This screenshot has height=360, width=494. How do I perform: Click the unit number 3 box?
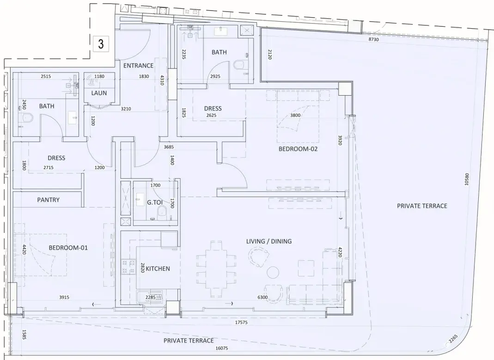(101, 44)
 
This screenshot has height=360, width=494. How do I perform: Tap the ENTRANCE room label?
(138, 66)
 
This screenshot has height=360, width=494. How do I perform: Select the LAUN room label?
(99, 93)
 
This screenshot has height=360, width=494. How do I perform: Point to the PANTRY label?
(48, 200)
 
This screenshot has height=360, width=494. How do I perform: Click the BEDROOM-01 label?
(68, 248)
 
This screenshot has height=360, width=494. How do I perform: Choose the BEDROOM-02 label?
(298, 149)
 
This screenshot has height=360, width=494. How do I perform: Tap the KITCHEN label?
(158, 268)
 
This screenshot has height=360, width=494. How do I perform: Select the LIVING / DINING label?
(269, 241)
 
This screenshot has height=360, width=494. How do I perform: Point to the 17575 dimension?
(241, 323)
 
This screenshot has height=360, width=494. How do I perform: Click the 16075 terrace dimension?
(221, 348)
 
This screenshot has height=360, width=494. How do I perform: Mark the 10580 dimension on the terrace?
(467, 179)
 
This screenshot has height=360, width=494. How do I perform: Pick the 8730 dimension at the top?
(374, 39)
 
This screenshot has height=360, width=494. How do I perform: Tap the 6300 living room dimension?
(262, 297)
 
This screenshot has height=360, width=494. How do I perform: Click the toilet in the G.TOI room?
(162, 212)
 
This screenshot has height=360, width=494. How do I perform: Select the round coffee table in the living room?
(273, 272)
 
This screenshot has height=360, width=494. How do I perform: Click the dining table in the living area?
(216, 269)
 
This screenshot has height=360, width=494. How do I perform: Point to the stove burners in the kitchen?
(128, 267)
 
